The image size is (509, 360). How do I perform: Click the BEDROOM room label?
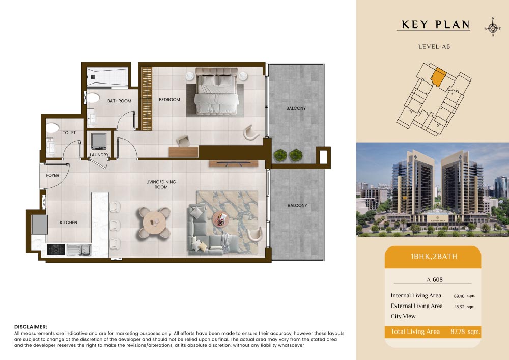tap(169, 100)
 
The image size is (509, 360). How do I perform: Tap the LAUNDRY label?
tap(99, 155)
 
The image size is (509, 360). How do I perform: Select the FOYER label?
tap(52, 175)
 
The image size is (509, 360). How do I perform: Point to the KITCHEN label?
tap(69, 223)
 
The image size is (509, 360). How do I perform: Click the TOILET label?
tap(69, 133)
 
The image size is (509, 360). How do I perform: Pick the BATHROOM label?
tap(120, 101)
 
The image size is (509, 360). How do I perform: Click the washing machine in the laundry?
tap(99, 141)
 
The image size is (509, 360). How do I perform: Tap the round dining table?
tap(154, 223)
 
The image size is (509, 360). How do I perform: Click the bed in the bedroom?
tap(216, 91)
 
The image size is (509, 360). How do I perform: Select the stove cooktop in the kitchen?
tap(56, 250)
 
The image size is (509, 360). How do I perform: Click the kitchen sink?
tap(79, 250)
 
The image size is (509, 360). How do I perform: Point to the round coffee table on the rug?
tap(221, 219)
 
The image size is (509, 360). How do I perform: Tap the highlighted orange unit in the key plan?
tap(438, 77)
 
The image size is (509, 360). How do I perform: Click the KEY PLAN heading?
tap(436, 24)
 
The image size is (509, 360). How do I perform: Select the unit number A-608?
tap(435, 279)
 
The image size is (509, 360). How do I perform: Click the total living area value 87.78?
tap(458, 331)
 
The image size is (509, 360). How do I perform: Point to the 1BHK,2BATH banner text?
tap(434, 257)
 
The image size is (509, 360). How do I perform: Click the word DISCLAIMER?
tap(31, 327)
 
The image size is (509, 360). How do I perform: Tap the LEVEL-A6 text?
tap(434, 46)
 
